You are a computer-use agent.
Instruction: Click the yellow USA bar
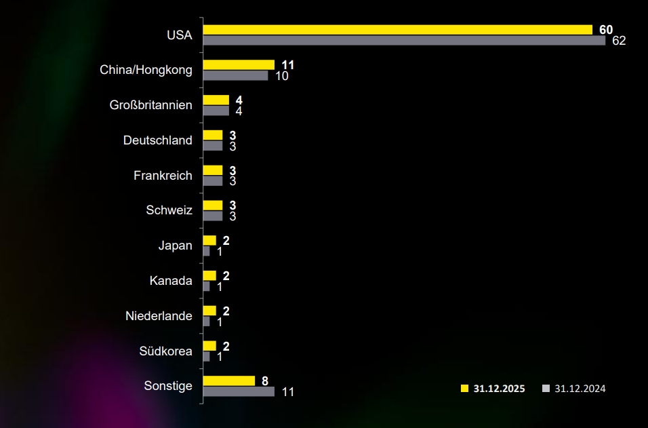tap(398, 30)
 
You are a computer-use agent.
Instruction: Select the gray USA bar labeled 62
tap(404, 40)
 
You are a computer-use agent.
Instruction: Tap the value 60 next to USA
tap(606, 30)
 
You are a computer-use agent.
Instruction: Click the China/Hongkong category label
tap(146, 70)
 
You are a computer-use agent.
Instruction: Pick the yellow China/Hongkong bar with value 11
tap(239, 65)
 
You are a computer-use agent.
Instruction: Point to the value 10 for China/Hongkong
tap(282, 76)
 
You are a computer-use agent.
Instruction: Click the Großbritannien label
tap(150, 105)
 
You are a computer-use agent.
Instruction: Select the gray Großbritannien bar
tap(216, 111)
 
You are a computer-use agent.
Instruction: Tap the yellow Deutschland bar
tap(213, 135)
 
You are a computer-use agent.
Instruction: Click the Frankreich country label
tap(163, 176)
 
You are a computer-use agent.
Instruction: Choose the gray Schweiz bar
tap(213, 216)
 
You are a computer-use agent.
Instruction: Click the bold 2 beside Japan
tap(226, 241)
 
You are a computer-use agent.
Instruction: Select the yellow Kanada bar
tap(209, 275)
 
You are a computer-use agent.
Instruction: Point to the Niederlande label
tap(159, 316)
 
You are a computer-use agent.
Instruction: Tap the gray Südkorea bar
tap(207, 356)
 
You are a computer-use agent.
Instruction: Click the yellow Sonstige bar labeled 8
tap(229, 381)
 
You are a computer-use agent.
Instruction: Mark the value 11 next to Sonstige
tap(287, 392)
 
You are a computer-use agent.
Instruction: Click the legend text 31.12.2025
tap(499, 389)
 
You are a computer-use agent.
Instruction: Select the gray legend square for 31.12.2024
tap(546, 389)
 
